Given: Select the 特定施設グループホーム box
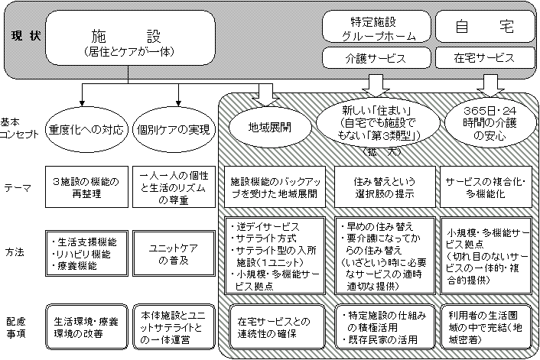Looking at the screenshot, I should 373,28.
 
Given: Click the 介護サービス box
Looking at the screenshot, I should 373,57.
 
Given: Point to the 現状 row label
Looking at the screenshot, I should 23,37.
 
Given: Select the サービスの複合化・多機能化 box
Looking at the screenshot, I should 486,186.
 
